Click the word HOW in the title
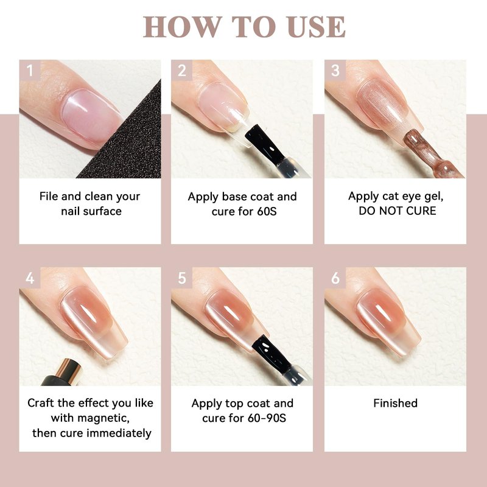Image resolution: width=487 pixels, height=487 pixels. (x=182, y=27)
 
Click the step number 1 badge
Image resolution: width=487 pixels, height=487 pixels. (x=30, y=70)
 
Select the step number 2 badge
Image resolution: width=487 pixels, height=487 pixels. (x=181, y=70)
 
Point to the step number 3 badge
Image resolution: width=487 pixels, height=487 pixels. (x=335, y=70)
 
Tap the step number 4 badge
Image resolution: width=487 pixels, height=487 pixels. (x=30, y=278)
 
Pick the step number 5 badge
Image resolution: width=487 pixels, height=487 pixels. (x=181, y=278)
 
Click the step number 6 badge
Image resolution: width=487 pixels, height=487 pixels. (x=335, y=278)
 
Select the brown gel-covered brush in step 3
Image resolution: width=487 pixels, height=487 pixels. (x=432, y=155)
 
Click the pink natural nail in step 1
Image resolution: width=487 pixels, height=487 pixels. (x=92, y=116)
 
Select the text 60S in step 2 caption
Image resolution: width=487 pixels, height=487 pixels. (x=267, y=211)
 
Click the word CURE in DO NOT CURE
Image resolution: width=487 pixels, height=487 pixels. (x=421, y=211)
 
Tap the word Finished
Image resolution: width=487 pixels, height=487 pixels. (x=395, y=403)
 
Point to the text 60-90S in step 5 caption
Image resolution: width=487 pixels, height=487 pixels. (x=267, y=418)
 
